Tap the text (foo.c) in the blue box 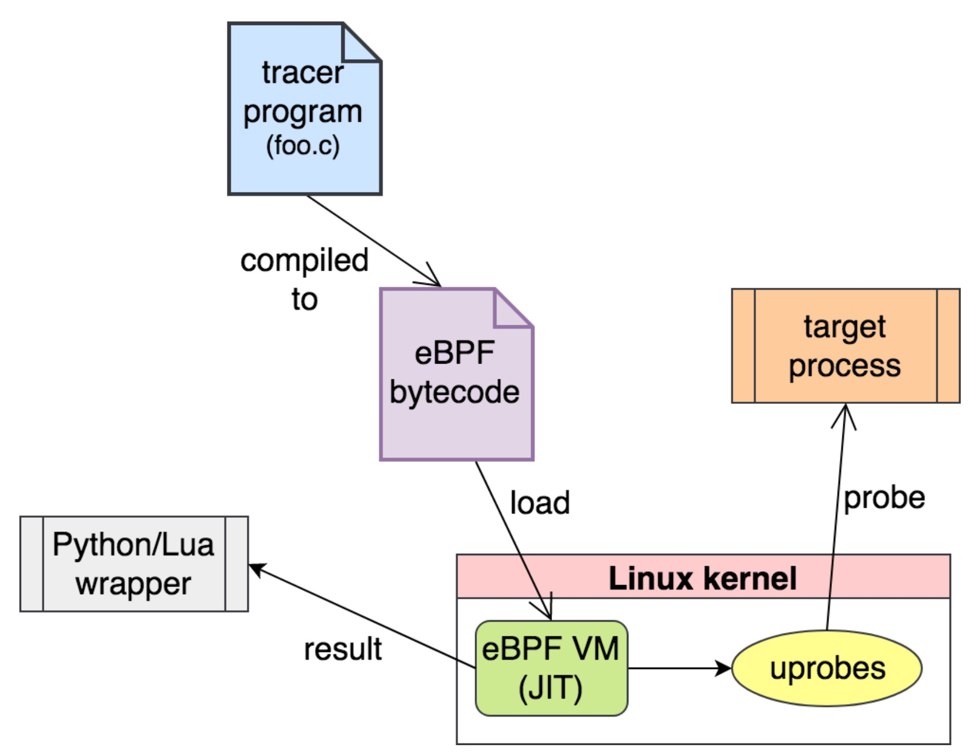click(x=303, y=146)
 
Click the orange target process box click(x=846, y=345)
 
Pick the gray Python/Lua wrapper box click(x=134, y=564)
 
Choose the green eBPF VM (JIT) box click(x=551, y=668)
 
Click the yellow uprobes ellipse click(x=827, y=668)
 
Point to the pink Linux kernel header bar click(x=703, y=577)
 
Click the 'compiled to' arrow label click(x=304, y=279)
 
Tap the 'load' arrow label click(x=540, y=502)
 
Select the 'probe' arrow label click(x=884, y=497)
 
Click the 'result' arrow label click(x=342, y=649)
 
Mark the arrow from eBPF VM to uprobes click(x=678, y=668)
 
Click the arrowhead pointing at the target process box click(x=844, y=414)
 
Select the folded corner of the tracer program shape click(x=361, y=43)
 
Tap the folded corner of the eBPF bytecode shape click(x=513, y=309)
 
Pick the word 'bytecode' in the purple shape click(x=454, y=392)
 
